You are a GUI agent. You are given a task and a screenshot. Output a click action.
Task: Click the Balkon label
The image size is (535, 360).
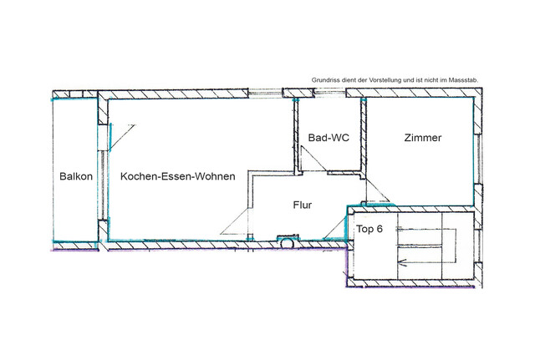tap(74, 177)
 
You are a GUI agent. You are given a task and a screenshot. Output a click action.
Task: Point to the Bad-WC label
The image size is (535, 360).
tap(329, 138)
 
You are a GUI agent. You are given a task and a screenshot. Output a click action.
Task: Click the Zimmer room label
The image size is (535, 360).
tap(422, 138)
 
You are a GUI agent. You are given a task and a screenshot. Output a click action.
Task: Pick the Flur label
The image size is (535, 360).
tap(303, 204)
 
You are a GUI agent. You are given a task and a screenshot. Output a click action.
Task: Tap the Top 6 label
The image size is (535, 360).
tap(369, 229)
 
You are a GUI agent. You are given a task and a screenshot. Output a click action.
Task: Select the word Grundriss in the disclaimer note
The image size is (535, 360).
tap(324, 79)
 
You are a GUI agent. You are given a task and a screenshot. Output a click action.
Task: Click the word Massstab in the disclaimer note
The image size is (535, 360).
tap(461, 79)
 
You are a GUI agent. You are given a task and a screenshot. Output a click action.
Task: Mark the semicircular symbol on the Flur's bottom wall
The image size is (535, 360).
tap(287, 242)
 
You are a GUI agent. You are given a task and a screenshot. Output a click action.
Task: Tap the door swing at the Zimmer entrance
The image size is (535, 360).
tap(375, 193)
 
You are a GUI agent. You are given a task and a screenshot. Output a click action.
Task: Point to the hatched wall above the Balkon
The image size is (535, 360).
tap(74, 93)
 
